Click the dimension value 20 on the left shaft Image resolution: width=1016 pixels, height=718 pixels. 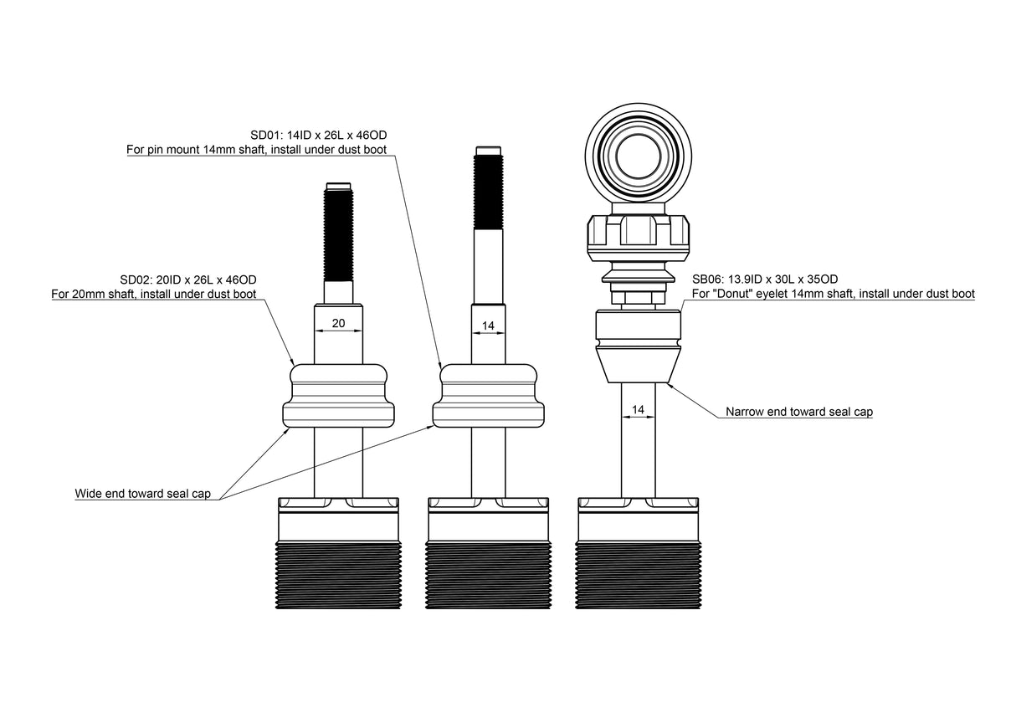pos(339,323)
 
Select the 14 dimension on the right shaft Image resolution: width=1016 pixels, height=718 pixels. pos(639,409)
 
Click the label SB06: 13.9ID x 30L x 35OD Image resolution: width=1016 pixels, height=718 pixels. pos(765,280)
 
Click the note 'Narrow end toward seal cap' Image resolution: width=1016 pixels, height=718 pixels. pos(798,412)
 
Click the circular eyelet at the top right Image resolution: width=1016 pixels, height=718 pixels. pos(639,153)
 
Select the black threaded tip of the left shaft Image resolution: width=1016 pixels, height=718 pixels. pos(339,235)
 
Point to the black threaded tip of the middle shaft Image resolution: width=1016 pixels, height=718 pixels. pos(488,192)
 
